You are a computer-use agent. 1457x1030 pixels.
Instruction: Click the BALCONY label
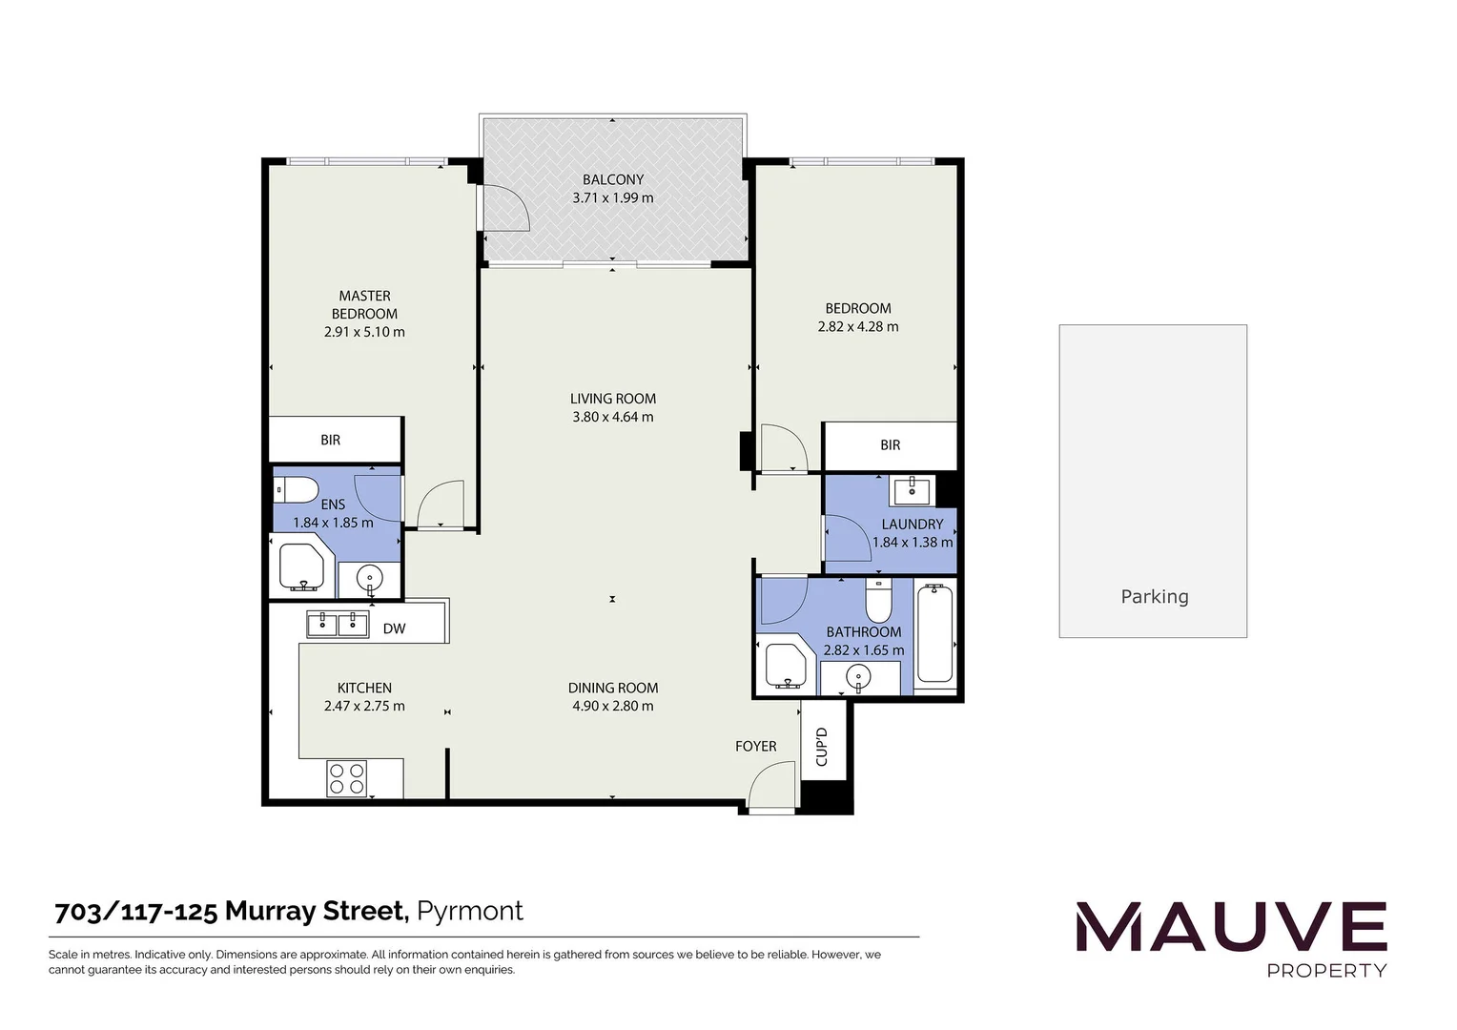tap(613, 179)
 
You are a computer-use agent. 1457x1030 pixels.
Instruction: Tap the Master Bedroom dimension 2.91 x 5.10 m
tap(364, 332)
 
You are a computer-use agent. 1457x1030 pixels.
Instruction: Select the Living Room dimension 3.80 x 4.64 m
tap(612, 417)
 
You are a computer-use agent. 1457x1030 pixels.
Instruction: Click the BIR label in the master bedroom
tap(330, 440)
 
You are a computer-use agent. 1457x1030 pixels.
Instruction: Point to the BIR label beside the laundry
tap(890, 444)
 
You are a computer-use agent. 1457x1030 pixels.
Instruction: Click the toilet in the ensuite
tap(297, 490)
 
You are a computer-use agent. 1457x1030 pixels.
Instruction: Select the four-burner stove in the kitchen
tap(347, 777)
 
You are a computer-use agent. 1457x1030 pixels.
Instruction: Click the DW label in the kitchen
tap(394, 628)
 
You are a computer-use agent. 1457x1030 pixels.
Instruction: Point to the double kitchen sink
tap(338, 625)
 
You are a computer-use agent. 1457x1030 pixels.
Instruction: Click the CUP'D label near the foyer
tap(822, 747)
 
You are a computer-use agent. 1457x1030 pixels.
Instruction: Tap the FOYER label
tap(755, 746)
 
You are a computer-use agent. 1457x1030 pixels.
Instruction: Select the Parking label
tap(1154, 597)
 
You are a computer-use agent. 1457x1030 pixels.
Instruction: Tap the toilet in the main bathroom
tap(878, 602)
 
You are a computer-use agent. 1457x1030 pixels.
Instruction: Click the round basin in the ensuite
tap(369, 578)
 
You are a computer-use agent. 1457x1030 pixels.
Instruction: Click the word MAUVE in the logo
tap(1231, 928)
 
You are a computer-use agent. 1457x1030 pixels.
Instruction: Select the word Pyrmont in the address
tap(471, 911)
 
